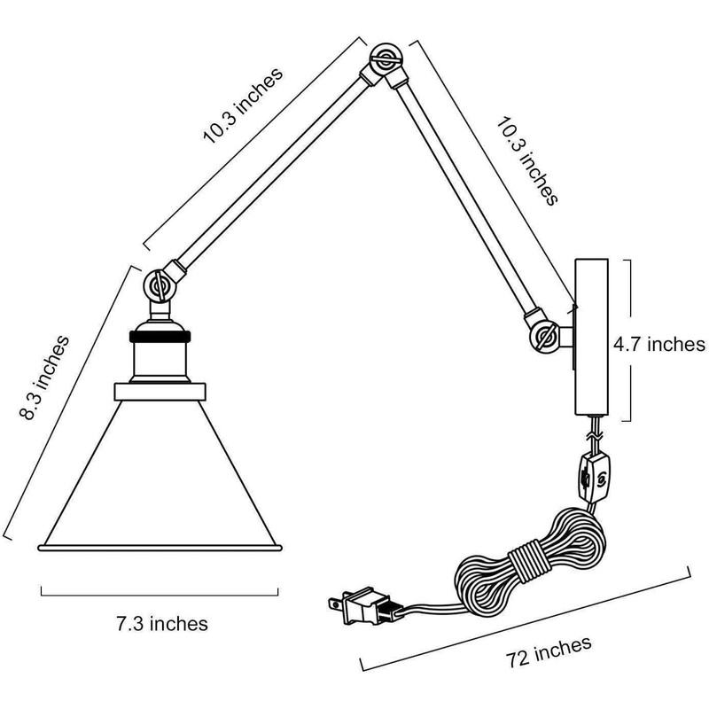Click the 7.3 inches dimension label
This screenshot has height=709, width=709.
click(162, 624)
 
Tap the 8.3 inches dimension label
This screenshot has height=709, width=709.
click(44, 378)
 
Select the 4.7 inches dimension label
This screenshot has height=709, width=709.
click(659, 345)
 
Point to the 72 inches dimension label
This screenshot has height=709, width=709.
click(549, 651)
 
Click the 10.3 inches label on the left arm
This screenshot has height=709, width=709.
click(243, 105)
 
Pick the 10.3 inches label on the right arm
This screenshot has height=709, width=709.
click(527, 161)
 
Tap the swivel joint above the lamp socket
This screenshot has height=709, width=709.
click(160, 286)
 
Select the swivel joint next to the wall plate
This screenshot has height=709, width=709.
click(546, 336)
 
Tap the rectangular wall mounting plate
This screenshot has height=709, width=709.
click(591, 338)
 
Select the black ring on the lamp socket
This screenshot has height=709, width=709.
click(160, 336)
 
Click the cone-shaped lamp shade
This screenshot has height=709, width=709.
click(160, 472)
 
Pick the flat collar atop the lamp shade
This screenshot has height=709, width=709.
click(160, 392)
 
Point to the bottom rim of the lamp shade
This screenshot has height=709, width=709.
click(160, 548)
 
